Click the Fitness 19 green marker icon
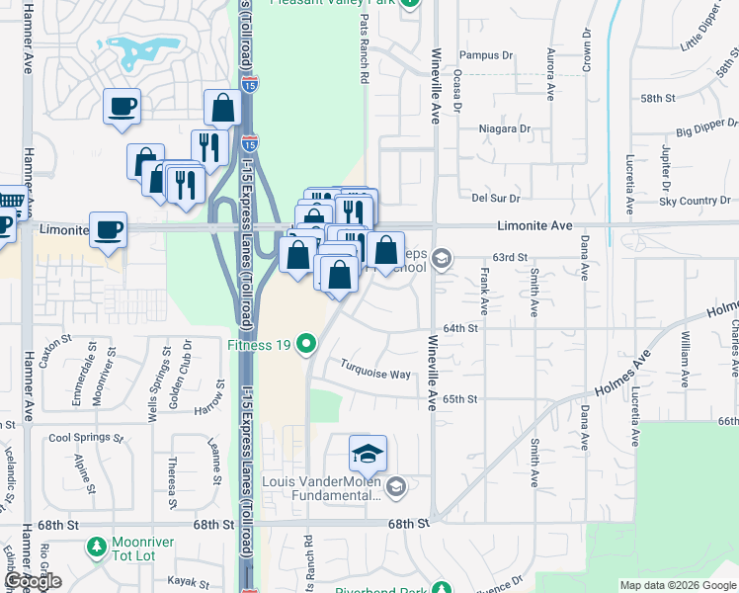[x=307, y=345]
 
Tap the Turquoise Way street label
[x=374, y=375]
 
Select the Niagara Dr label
[x=504, y=128]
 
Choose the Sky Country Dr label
[x=695, y=201]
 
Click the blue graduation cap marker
[x=369, y=454]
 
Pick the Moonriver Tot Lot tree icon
[x=96, y=546]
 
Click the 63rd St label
[x=512, y=256]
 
